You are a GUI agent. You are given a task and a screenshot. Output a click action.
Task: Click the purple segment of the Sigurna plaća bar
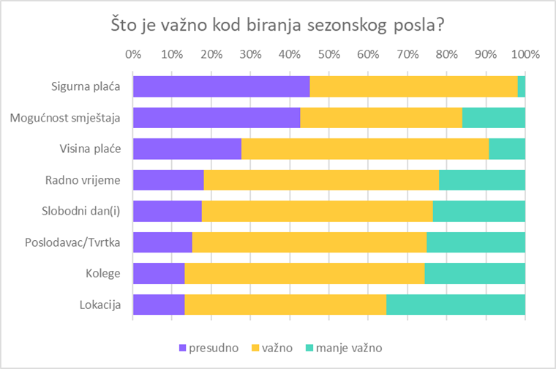[221, 86]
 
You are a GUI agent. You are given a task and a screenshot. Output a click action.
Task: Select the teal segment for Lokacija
[455, 304]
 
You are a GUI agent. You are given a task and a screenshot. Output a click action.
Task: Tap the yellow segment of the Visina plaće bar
[364, 149]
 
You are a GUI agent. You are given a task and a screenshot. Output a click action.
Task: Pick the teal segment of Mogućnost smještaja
[493, 117]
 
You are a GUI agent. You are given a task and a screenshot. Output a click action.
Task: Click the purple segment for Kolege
[158, 273]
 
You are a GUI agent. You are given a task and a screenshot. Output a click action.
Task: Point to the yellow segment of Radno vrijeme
[320, 179]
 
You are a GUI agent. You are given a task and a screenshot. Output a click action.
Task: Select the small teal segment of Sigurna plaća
[521, 86]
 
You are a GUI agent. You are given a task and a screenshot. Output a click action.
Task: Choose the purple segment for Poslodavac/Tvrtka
[162, 242]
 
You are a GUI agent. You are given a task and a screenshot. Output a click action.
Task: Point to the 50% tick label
[329, 54]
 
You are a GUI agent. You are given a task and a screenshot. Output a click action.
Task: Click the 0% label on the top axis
[133, 54]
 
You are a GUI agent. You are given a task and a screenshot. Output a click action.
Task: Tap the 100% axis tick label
[525, 54]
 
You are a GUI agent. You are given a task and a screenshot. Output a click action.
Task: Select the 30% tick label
[250, 54]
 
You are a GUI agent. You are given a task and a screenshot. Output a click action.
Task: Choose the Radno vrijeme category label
[87, 179]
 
